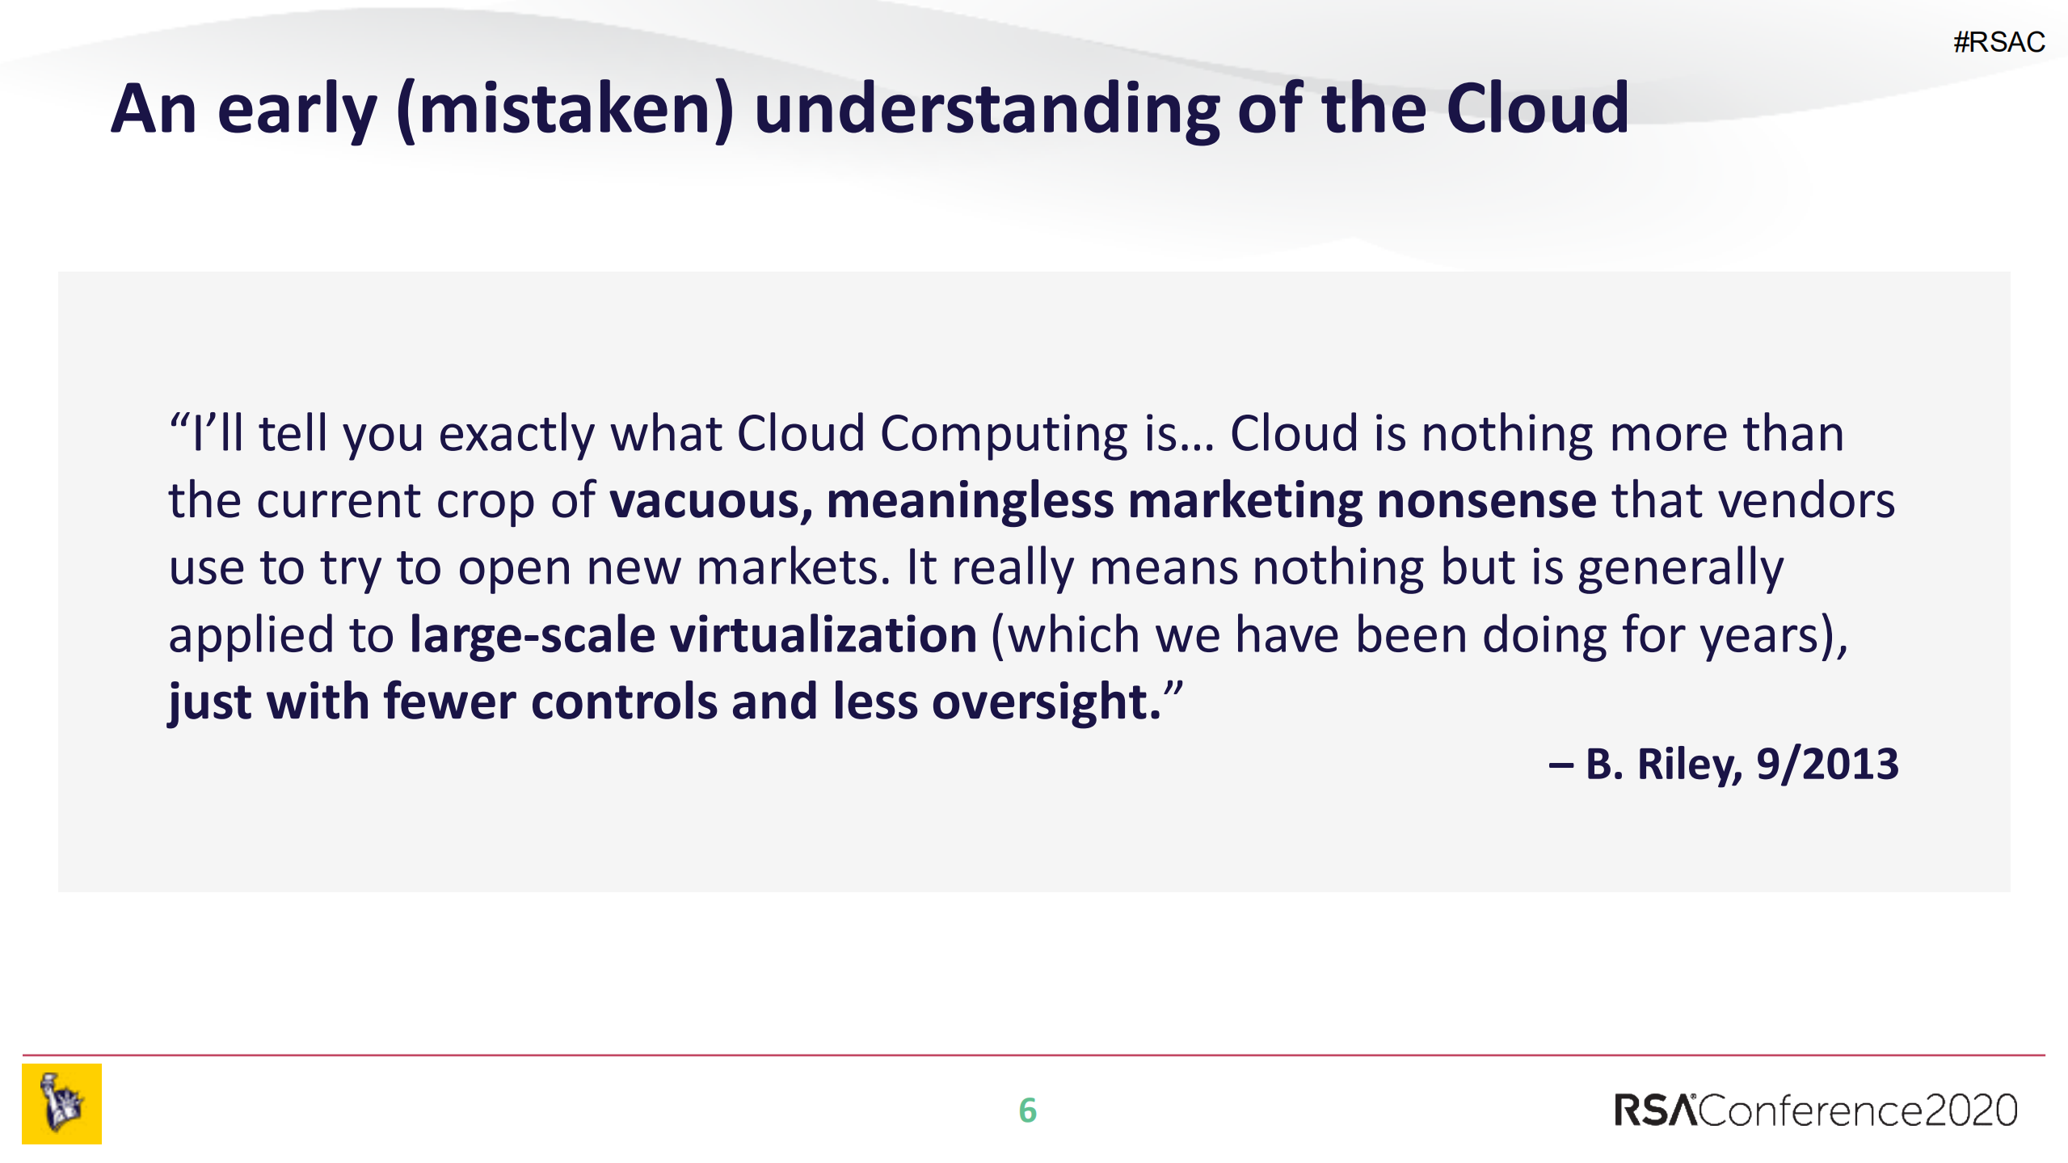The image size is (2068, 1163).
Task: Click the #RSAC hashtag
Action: pos(1999,41)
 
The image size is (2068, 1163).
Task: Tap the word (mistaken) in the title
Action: pos(565,111)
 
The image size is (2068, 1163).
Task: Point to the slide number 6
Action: pos(1027,1110)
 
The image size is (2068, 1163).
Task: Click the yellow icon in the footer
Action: pos(62,1104)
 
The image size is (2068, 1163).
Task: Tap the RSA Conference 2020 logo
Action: pos(1815,1110)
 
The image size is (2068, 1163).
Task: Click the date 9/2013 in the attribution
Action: pos(1827,764)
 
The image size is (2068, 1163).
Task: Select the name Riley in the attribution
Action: pos(1690,765)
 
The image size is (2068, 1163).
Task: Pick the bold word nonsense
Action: pos(1487,501)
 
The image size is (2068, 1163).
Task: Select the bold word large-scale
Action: pos(533,635)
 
